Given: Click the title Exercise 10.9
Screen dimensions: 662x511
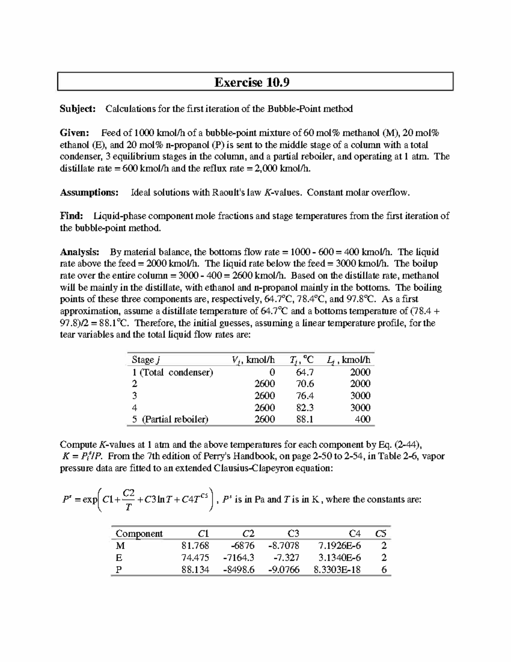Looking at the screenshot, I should pyautogui.click(x=252, y=82).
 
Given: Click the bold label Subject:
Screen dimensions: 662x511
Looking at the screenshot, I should pyautogui.click(x=78, y=109).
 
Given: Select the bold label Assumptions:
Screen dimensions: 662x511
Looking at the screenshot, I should pyautogui.click(x=89, y=193).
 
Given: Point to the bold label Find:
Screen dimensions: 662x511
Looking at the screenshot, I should pyautogui.click(x=72, y=216).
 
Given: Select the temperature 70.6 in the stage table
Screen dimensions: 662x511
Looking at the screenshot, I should pyautogui.click(x=304, y=384).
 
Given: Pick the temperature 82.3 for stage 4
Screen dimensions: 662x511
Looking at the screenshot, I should pyautogui.click(x=304, y=408).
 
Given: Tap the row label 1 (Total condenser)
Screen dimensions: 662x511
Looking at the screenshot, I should pyautogui.click(x=172, y=372).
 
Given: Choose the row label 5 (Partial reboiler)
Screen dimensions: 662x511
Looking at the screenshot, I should pyautogui.click(x=170, y=419).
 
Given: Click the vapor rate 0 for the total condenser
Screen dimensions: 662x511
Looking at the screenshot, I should pyautogui.click(x=272, y=372).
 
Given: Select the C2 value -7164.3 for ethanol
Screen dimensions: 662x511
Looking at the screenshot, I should pyautogui.click(x=238, y=558).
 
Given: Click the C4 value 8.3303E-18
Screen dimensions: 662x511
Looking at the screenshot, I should pyautogui.click(x=337, y=569).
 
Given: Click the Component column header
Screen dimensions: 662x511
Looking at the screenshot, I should pyautogui.click(x=139, y=534).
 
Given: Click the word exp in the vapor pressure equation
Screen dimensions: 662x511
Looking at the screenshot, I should pyautogui.click(x=89, y=500).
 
